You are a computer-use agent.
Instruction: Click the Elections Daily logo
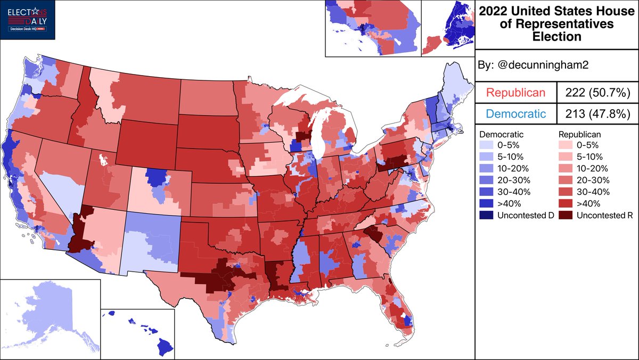pyautogui.click(x=28, y=20)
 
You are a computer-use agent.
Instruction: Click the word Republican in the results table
pyautogui.click(x=515, y=93)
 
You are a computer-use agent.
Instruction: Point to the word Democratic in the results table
pyautogui.click(x=515, y=113)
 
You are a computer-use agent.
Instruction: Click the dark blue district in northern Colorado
pyautogui.click(x=155, y=176)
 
